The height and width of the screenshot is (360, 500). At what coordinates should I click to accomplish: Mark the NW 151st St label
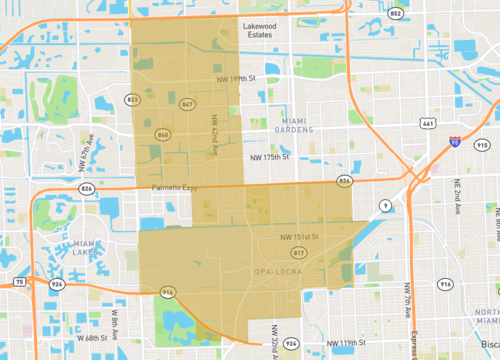coord(300,237)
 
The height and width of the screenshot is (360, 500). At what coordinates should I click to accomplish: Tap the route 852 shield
coord(368,14)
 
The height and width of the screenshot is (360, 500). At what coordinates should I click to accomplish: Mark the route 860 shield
coord(163,133)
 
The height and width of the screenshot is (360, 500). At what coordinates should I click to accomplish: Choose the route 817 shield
coord(299,253)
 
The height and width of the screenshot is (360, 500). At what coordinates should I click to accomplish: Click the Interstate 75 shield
coord(21,283)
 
